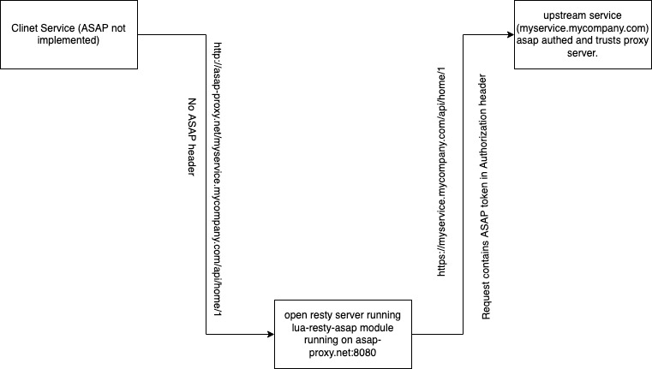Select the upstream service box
(x=583, y=35)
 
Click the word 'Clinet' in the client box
(x=27, y=29)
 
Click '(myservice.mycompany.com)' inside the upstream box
(x=583, y=28)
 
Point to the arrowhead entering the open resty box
(x=269, y=333)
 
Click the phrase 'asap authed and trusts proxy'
(x=583, y=41)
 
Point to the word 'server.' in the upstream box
(x=583, y=53)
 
